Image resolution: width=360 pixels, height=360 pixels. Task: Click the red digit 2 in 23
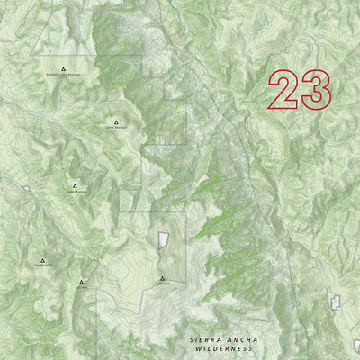[284, 91]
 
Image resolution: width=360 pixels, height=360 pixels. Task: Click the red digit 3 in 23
[316, 91]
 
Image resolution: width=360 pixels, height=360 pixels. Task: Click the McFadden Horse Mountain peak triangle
[63, 68]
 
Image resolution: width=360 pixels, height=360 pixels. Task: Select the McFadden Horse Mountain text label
[63, 76]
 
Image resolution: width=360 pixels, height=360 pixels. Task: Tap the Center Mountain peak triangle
[117, 121]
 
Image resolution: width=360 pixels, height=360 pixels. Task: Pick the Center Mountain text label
[117, 129]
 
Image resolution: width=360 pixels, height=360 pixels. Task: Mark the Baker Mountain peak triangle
[75, 186]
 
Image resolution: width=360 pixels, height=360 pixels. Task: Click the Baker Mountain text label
[75, 193]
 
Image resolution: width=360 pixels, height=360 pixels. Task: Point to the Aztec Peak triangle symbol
[162, 278]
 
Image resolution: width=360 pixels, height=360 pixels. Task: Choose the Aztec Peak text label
[162, 284]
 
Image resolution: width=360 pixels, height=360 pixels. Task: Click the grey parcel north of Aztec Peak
[163, 240]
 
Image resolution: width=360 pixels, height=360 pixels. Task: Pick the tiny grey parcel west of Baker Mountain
[27, 189]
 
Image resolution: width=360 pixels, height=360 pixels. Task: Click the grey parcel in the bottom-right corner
[356, 346]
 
